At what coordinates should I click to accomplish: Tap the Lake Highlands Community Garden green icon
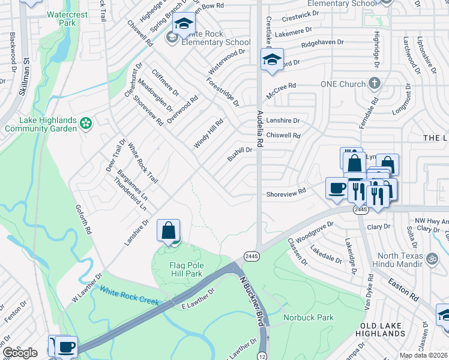click(86, 124)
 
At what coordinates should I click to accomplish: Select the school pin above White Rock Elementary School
click(184, 24)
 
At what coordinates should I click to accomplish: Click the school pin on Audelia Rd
click(271, 60)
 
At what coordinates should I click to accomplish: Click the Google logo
click(20, 352)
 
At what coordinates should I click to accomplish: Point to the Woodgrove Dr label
click(314, 231)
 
